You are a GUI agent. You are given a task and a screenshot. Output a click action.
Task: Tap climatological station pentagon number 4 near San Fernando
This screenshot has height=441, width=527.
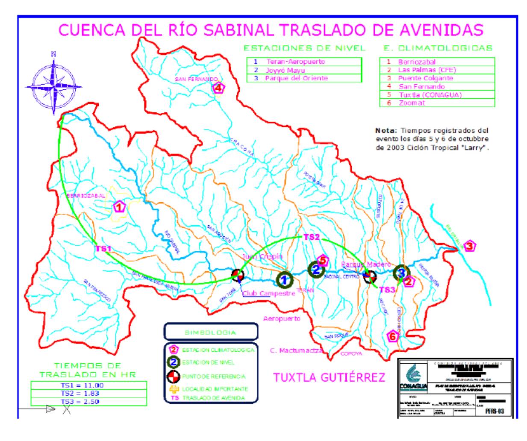tap(218, 88)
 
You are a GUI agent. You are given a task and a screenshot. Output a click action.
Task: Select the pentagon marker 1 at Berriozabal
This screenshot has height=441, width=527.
tap(120, 207)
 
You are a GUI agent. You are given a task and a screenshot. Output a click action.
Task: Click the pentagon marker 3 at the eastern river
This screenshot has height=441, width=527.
tap(470, 246)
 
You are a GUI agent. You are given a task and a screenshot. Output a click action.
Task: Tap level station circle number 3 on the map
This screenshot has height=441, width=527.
tap(401, 272)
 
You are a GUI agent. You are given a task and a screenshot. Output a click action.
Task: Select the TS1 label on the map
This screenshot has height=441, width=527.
tap(103, 249)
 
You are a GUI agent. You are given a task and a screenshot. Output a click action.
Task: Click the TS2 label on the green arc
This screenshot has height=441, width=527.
tap(311, 237)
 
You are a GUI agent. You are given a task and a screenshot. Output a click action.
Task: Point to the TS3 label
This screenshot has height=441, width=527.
tap(387, 290)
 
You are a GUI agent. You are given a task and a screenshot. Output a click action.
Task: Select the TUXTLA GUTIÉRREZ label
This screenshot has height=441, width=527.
tap(329, 377)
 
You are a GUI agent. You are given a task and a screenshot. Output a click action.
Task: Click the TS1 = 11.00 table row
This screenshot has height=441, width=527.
tap(88, 385)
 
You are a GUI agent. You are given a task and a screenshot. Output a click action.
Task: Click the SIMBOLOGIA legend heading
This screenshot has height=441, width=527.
tap(211, 332)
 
